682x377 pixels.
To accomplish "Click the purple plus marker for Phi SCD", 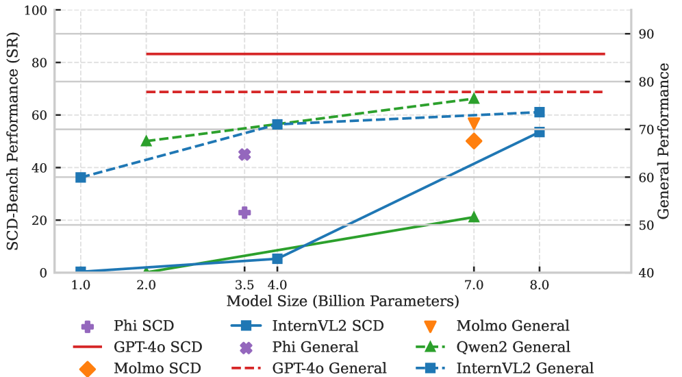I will tap(244, 212).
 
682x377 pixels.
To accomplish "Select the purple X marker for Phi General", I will tap(244, 154).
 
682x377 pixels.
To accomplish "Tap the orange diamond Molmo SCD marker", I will tap(474, 141).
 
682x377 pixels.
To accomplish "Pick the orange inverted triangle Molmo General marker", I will tap(474, 123).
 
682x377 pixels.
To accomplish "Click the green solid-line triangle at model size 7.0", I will tap(474, 217).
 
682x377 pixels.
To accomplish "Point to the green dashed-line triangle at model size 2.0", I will tap(147, 141).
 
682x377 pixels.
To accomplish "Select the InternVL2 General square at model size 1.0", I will tap(81, 178).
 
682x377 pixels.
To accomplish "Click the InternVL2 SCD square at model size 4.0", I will tap(277, 258).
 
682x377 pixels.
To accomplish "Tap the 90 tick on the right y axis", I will tap(646, 34).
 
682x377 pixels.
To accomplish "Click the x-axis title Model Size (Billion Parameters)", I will tap(342, 300).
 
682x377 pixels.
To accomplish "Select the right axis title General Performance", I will tap(664, 140).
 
